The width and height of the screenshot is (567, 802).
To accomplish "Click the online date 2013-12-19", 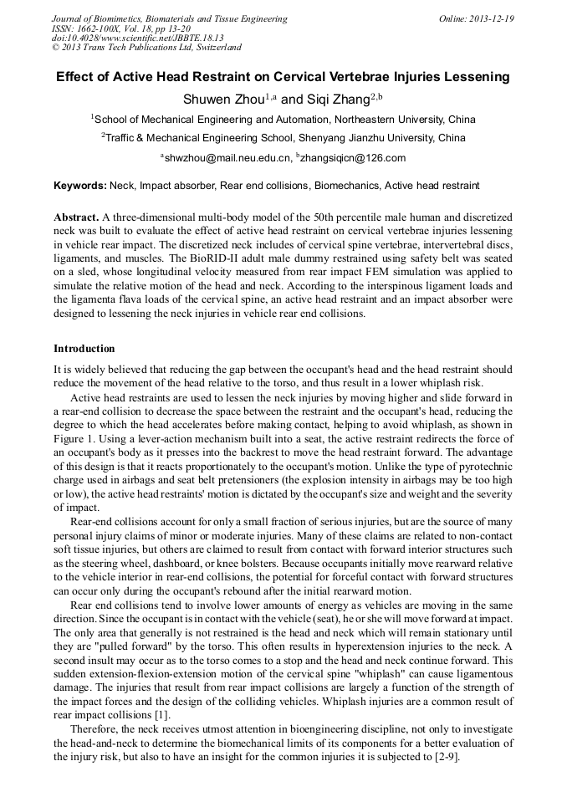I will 488,18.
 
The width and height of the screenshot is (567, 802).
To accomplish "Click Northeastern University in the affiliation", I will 393,120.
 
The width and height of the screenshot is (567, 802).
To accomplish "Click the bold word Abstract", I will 76,216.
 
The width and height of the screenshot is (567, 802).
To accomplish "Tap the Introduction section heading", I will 84,349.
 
